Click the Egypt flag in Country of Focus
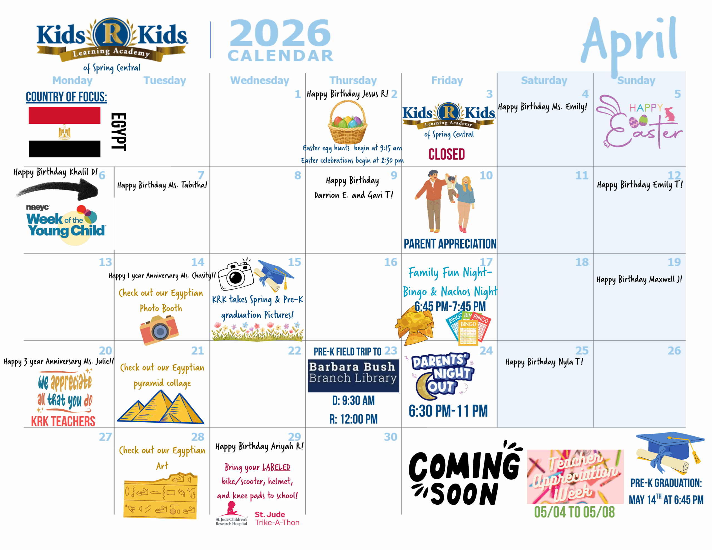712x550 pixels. click(64, 132)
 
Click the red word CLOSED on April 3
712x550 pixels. click(447, 154)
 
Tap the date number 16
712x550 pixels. click(390, 262)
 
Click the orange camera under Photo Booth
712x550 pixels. click(159, 330)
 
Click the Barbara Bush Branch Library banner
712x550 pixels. click(353, 376)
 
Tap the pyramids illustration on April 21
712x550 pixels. click(161, 407)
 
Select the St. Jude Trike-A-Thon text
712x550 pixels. click(277, 518)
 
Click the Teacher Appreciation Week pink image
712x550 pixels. click(575, 477)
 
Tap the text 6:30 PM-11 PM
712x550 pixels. click(448, 411)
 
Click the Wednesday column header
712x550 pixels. click(259, 80)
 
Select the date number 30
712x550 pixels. click(390, 437)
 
